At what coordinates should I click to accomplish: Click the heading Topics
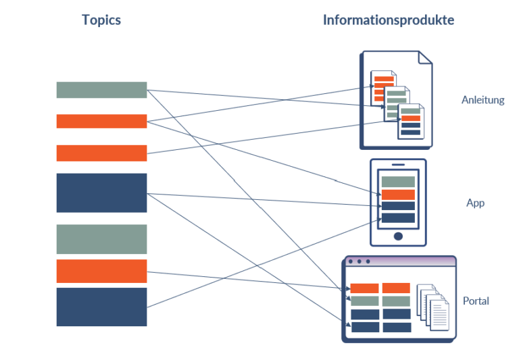(101, 20)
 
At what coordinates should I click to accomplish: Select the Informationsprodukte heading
(388, 20)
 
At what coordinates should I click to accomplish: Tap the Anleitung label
(483, 100)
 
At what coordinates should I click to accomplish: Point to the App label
(475, 203)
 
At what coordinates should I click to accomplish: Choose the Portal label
(476, 301)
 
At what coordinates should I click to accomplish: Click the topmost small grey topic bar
(101, 90)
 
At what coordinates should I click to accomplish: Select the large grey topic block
(101, 239)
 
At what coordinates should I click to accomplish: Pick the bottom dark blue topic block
(101, 307)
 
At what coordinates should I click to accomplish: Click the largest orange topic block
(101, 271)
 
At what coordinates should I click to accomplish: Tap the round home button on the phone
(398, 236)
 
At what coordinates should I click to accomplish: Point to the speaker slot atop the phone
(398, 164)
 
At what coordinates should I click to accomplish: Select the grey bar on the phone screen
(398, 181)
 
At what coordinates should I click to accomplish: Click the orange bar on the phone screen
(398, 195)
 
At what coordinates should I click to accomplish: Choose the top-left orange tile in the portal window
(364, 288)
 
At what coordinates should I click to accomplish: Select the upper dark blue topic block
(101, 192)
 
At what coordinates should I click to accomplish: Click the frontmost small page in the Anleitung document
(410, 122)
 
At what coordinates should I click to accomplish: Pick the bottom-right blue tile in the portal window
(397, 328)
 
